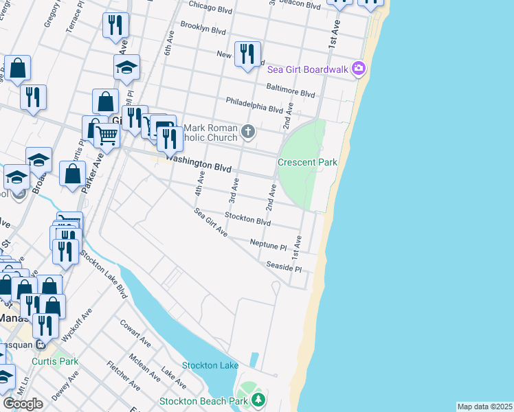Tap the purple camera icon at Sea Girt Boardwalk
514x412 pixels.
[358, 69]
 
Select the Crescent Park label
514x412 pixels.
[307, 163]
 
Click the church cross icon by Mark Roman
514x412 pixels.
[248, 130]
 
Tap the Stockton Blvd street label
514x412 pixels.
[248, 219]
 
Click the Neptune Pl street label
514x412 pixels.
[268, 244]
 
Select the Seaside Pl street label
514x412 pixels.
[284, 266]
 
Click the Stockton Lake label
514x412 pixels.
[210, 365]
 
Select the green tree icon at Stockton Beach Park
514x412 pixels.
[258, 400]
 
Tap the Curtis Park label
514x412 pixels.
[55, 361]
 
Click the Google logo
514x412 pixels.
[23, 404]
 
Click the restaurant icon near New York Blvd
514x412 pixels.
[247, 54]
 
